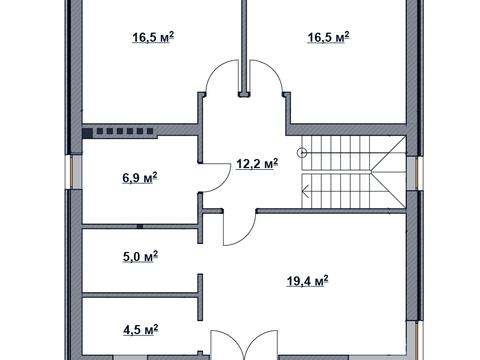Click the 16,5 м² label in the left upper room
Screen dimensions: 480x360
click(x=153, y=37)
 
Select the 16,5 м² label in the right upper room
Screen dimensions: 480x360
click(x=328, y=37)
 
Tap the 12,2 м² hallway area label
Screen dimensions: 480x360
click(x=257, y=164)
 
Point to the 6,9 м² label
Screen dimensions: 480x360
click(x=140, y=178)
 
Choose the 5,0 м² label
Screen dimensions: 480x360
click(x=140, y=257)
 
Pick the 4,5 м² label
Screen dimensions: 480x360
click(x=140, y=330)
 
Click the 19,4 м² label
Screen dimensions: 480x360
click(x=308, y=281)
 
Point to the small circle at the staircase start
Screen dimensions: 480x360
click(x=302, y=153)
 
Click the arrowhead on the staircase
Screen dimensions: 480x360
click(x=305, y=191)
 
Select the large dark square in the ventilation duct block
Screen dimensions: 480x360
click(x=87, y=133)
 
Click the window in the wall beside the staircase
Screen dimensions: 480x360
click(x=415, y=173)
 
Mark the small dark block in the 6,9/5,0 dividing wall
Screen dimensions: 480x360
click(x=140, y=227)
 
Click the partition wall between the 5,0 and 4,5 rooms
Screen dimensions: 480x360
click(x=140, y=295)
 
